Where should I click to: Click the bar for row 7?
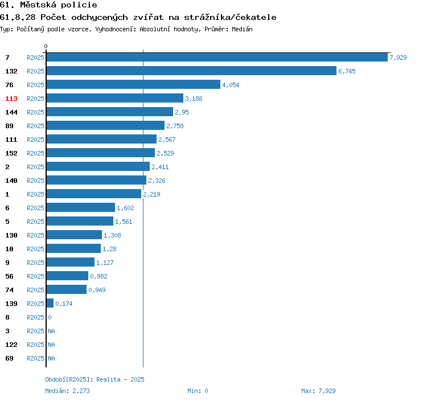pyautogui.click(x=217, y=57)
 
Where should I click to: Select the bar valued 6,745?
pyautogui.click(x=191, y=71)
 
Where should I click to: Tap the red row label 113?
pyautogui.click(x=11, y=99)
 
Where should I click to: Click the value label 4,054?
pyautogui.click(x=231, y=85)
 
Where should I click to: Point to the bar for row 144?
pyautogui.click(x=110, y=112)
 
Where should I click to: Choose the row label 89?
pyautogui.click(x=9, y=126)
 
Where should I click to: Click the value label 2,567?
pyautogui.click(x=167, y=140)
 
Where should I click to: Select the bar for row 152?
pyautogui.click(x=101, y=153)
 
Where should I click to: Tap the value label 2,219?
pyautogui.click(x=151, y=194)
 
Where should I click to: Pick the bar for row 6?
pyautogui.click(x=81, y=207)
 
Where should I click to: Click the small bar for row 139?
pyautogui.click(x=50, y=303)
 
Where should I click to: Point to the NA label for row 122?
pyautogui.click(x=51, y=345)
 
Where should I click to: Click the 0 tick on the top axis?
pyautogui.click(x=46, y=46)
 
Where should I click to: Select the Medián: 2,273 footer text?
pyautogui.click(x=67, y=391)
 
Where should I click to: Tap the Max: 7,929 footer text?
pyautogui.click(x=318, y=391)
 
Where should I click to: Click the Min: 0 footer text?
pyautogui.click(x=198, y=391)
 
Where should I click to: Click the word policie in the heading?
pyautogui.click(x=79, y=5)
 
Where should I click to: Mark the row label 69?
pyautogui.click(x=9, y=358)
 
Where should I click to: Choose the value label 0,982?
pyautogui.click(x=98, y=276)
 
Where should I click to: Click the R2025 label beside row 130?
pyautogui.click(x=35, y=235)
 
